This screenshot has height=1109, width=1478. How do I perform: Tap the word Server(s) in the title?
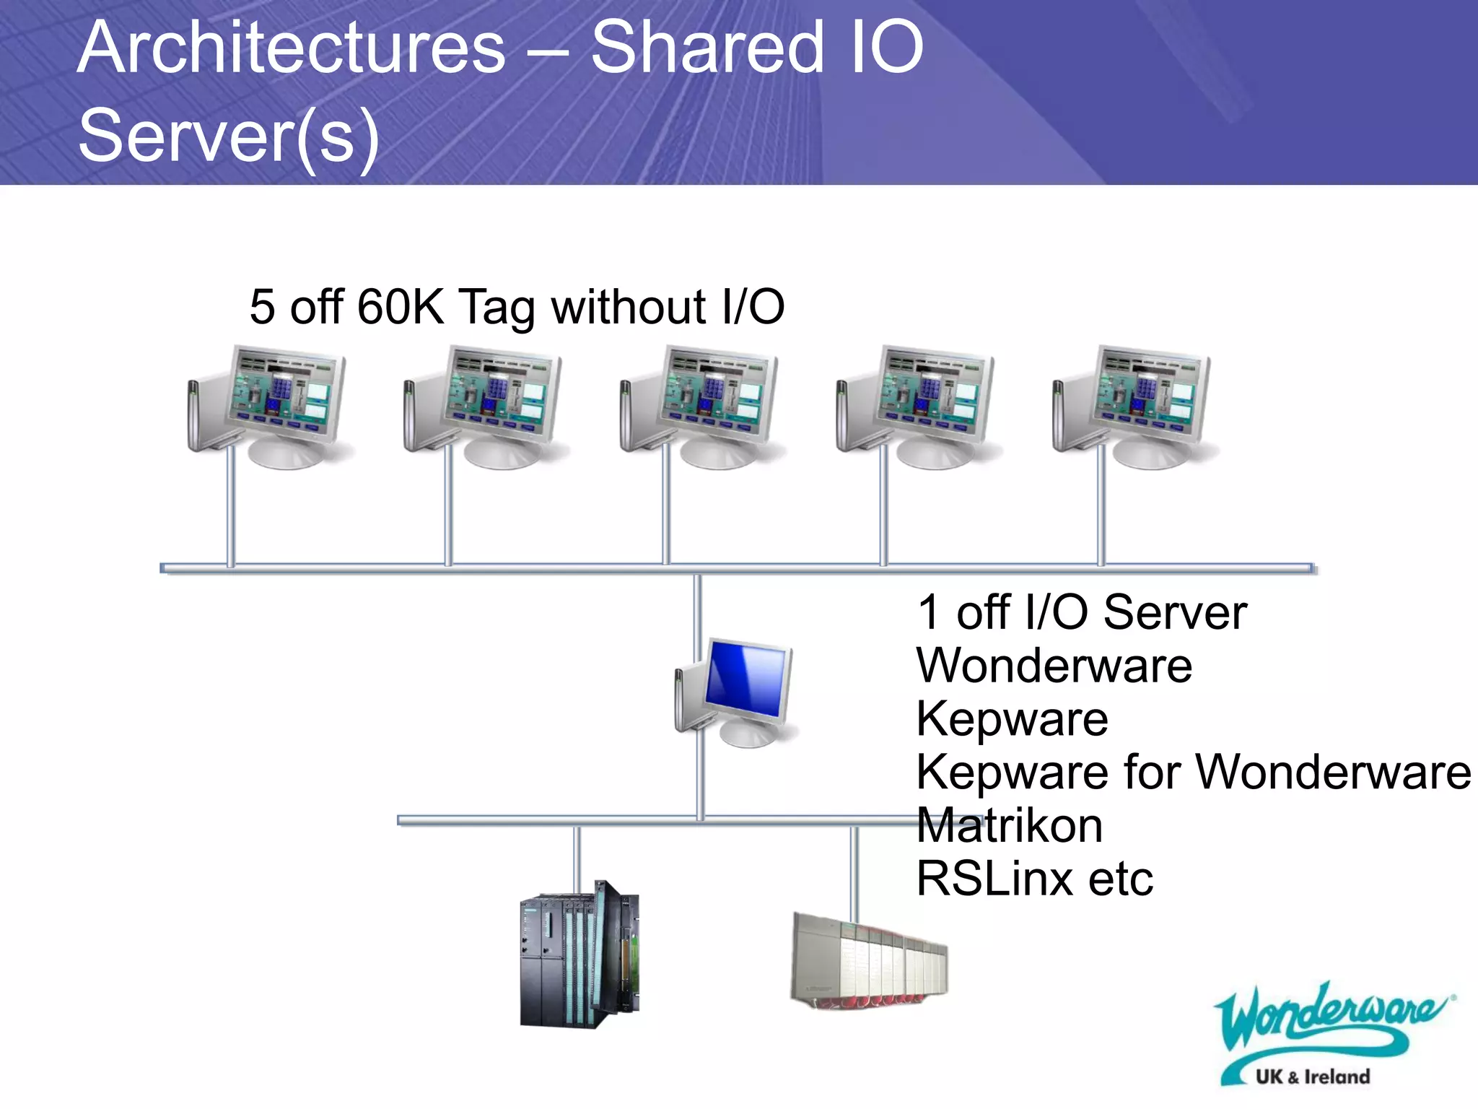pyautogui.click(x=229, y=136)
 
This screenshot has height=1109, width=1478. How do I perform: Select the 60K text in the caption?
pyautogui.click(x=399, y=307)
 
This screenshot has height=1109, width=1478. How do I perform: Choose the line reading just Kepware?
pyautogui.click(x=1012, y=719)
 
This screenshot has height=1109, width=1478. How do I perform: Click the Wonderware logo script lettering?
pyautogui.click(x=1328, y=1018)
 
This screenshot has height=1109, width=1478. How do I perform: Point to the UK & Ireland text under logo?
pyautogui.click(x=1312, y=1077)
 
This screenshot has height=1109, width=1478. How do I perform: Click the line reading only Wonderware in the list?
pyautogui.click(x=1054, y=666)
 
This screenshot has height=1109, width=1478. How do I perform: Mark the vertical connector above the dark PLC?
pyautogui.click(x=577, y=859)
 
